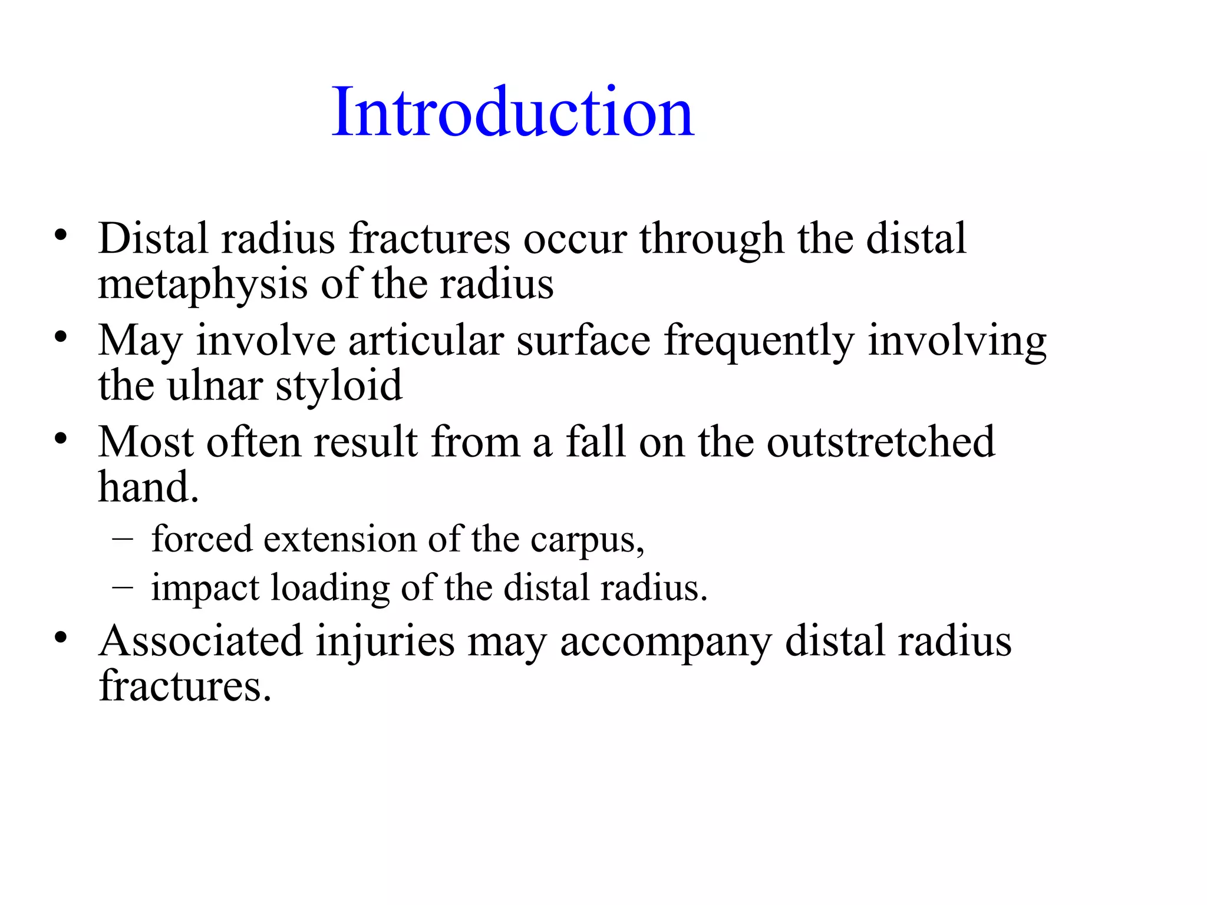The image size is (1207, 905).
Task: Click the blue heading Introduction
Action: tap(512, 112)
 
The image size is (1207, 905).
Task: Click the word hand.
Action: tap(148, 488)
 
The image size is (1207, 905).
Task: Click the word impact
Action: tap(205, 589)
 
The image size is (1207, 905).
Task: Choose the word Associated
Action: tap(200, 641)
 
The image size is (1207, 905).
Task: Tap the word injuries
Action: tap(385, 642)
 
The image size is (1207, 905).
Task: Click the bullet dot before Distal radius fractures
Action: tap(60, 236)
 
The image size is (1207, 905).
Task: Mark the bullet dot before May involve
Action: tap(60, 338)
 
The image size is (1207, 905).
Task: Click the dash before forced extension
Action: tap(122, 538)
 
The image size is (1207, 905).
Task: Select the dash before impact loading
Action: tap(122, 587)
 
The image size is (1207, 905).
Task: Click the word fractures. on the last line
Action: tap(185, 686)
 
